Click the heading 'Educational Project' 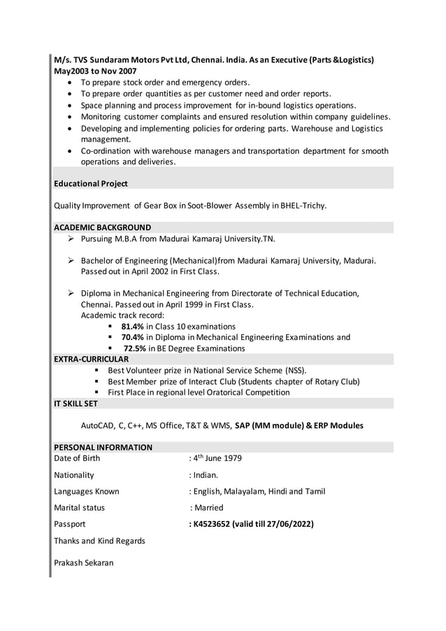(91, 183)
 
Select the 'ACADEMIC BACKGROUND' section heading (102, 227)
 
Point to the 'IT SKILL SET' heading (75, 404)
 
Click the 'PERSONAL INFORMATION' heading (103, 447)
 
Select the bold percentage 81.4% (133, 326)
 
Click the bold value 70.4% (133, 337)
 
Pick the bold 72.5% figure (135, 348)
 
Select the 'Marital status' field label (79, 507)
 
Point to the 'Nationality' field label (73, 474)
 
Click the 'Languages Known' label (86, 491)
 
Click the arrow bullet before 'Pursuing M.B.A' (71, 239)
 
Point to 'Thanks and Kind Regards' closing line (99, 541)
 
